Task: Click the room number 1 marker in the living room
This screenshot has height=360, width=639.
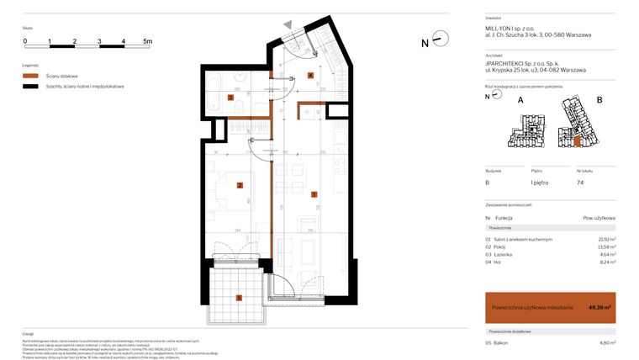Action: tap(314, 195)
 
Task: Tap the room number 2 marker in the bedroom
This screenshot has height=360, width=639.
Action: tap(240, 186)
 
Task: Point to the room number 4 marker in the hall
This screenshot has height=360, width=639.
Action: tap(310, 76)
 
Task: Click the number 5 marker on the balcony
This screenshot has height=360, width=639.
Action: tap(240, 297)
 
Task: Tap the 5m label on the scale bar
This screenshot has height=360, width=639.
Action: tap(147, 40)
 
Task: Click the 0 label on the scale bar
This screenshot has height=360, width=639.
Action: tap(25, 40)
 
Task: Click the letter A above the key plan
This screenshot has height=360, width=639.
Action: tap(520, 99)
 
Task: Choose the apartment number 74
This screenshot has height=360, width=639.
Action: tap(580, 182)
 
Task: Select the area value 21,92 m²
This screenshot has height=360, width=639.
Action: tap(605, 240)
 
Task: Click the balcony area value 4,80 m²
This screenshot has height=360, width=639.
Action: tap(605, 343)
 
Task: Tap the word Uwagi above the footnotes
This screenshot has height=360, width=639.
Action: tap(29, 334)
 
